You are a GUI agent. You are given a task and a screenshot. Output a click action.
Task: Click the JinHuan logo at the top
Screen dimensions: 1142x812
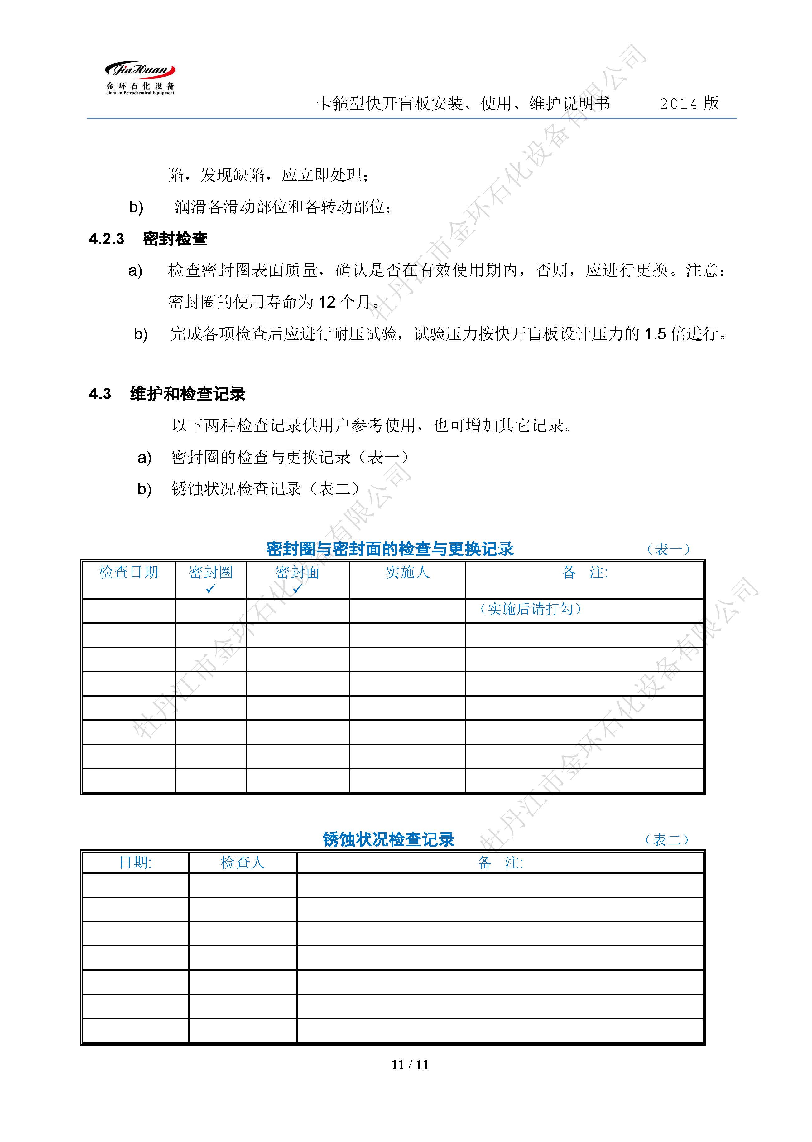click(140, 78)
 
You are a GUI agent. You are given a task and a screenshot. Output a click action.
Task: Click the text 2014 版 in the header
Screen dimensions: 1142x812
click(689, 104)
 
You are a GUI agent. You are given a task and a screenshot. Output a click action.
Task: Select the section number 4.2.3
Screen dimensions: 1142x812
click(107, 239)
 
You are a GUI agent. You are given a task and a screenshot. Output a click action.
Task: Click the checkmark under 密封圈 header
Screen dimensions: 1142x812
click(210, 589)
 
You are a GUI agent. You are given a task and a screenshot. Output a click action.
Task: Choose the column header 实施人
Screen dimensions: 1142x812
click(407, 572)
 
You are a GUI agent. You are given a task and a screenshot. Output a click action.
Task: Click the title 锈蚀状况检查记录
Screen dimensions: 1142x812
click(388, 839)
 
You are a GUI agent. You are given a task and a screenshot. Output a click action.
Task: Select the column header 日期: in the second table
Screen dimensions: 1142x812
click(135, 863)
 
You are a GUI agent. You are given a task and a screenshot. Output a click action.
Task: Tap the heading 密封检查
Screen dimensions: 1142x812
click(175, 239)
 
